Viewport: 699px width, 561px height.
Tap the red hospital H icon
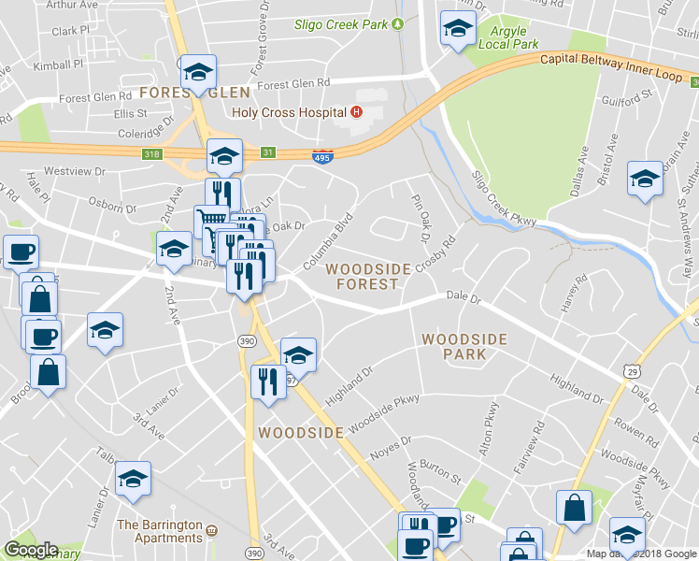[355, 113]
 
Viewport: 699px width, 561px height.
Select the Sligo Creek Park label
[341, 24]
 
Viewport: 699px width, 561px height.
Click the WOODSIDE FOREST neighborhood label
[368, 276]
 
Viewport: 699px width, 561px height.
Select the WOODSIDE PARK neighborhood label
[464, 346]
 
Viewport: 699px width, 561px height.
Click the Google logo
[30, 550]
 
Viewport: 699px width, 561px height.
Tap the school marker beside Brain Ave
[645, 178]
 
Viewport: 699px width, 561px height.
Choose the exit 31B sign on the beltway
[153, 152]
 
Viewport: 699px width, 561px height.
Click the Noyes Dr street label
[392, 441]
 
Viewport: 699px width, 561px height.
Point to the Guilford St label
[627, 97]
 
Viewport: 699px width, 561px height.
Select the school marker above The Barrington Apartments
[134, 481]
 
